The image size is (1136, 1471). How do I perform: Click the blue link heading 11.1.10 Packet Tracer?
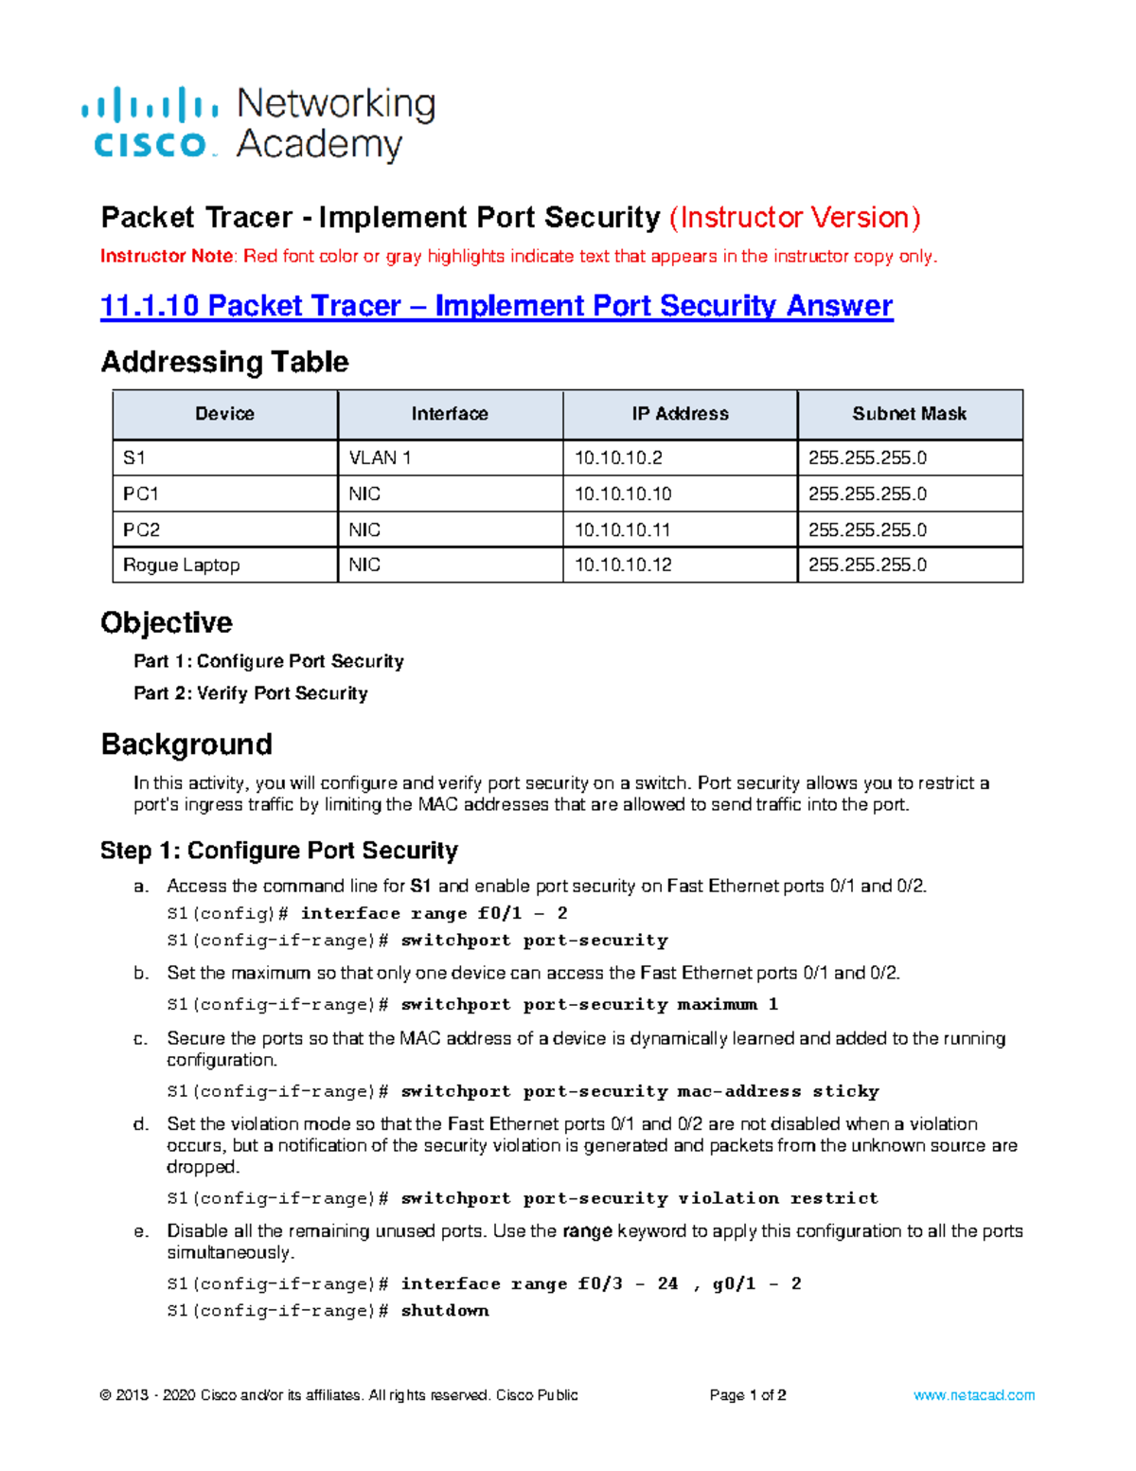click(x=496, y=306)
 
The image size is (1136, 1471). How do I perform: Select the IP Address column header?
click(x=680, y=414)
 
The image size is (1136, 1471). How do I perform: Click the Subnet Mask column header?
click(x=909, y=414)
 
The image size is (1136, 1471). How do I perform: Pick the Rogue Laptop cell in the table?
click(x=182, y=565)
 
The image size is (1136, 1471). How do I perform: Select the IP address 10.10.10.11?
click(x=623, y=530)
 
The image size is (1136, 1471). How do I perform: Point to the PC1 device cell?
click(x=141, y=494)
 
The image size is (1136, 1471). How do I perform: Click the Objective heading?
click(x=167, y=623)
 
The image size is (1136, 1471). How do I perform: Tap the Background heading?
click(x=186, y=744)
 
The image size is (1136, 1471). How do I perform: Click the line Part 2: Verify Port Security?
click(x=251, y=693)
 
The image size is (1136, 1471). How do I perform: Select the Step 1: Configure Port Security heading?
click(x=279, y=851)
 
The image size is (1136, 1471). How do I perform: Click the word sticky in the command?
click(x=845, y=1091)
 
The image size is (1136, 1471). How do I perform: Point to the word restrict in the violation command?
click(x=834, y=1198)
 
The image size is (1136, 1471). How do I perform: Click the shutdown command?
click(x=445, y=1311)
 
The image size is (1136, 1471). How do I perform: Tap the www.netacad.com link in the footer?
click(x=973, y=1395)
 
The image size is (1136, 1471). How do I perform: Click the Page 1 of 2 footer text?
click(x=748, y=1395)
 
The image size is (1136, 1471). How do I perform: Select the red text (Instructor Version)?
click(x=794, y=218)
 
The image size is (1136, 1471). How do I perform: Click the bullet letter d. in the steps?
click(x=141, y=1124)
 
